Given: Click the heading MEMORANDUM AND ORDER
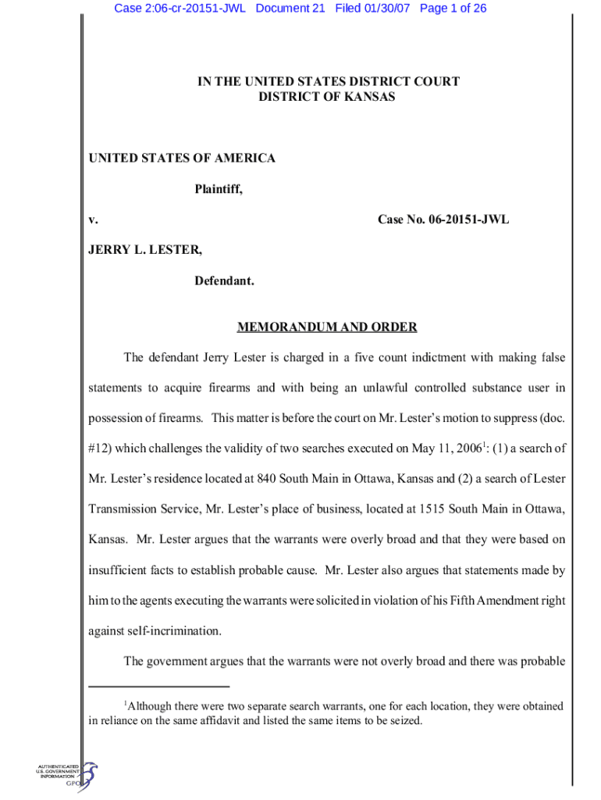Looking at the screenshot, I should pyautogui.click(x=327, y=327).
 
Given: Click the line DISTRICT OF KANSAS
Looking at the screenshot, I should pyautogui.click(x=327, y=97).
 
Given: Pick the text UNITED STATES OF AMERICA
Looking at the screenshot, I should pyautogui.click(x=181, y=159).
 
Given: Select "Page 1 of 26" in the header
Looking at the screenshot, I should pyautogui.click(x=453, y=9).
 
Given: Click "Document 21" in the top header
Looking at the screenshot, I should pyautogui.click(x=290, y=9).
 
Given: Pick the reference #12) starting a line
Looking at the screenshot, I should pyautogui.click(x=101, y=448).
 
